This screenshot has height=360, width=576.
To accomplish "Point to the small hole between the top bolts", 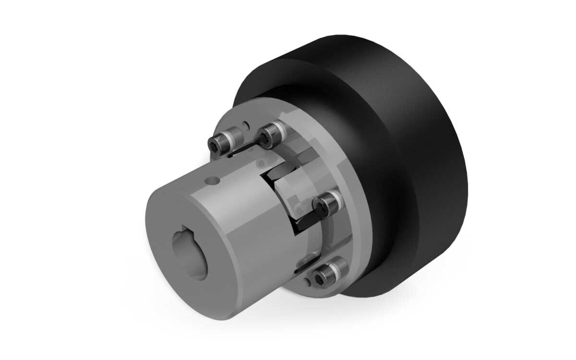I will [x=246, y=126].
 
